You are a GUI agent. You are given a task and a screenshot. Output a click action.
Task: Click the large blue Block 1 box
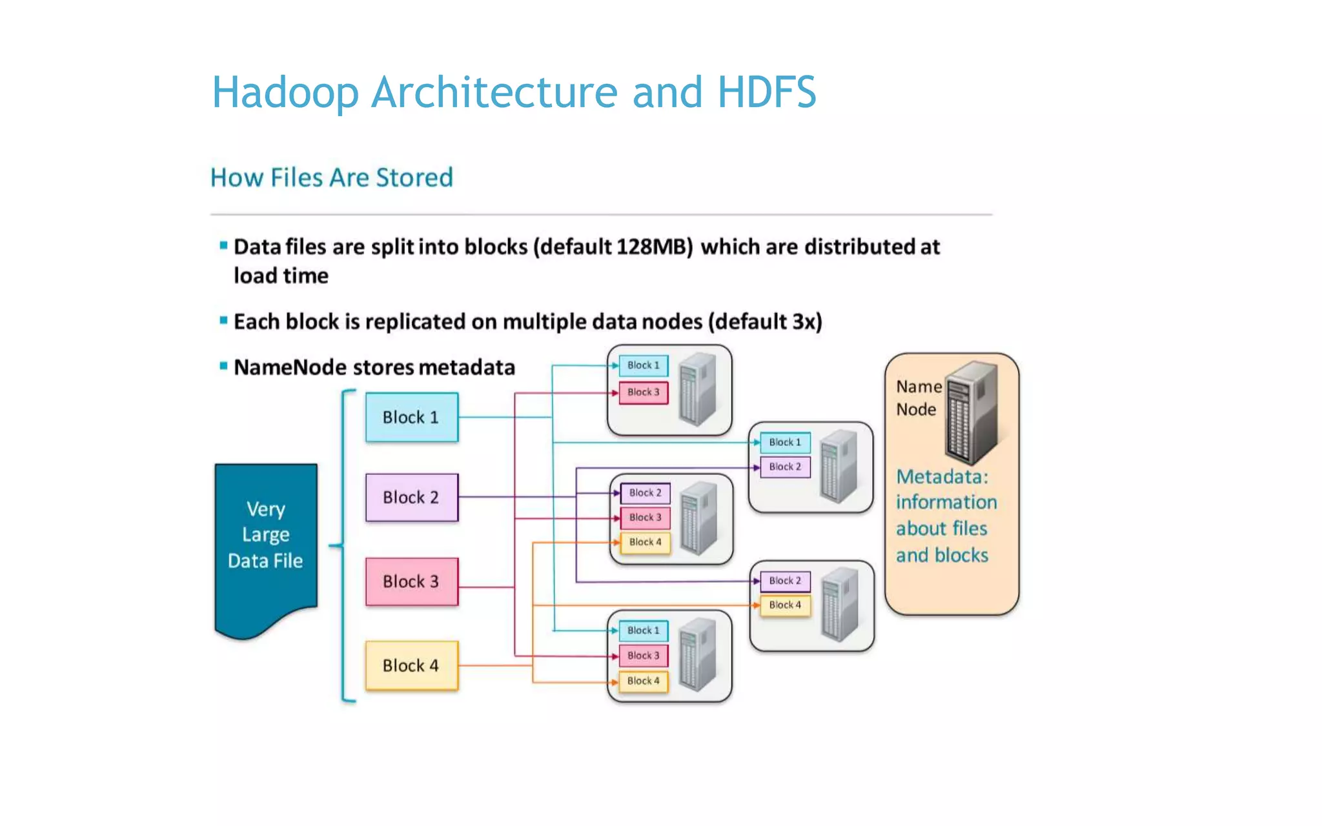click(x=412, y=418)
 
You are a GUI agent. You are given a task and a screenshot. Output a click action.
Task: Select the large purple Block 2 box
click(x=412, y=498)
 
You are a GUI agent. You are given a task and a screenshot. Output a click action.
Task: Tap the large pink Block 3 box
click(x=412, y=581)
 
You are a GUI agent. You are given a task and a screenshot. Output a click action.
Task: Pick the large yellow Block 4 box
click(x=412, y=666)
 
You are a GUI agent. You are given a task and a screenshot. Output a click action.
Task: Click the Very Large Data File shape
click(x=265, y=536)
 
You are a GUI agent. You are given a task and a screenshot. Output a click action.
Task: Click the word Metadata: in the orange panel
click(x=942, y=477)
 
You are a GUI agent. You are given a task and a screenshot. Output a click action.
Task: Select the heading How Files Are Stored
click(x=332, y=177)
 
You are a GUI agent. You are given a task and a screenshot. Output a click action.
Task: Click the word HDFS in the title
click(x=767, y=92)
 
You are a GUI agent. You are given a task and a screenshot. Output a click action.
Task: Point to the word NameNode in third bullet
click(x=290, y=367)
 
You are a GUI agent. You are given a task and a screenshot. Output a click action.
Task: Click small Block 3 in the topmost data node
click(x=644, y=392)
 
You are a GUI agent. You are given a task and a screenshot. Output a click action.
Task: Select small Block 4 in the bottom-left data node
click(x=644, y=681)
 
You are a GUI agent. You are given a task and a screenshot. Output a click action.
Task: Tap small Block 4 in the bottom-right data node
click(x=785, y=605)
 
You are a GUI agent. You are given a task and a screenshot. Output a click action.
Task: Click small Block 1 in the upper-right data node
click(x=785, y=443)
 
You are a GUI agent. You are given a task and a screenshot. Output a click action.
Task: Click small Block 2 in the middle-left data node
click(x=645, y=493)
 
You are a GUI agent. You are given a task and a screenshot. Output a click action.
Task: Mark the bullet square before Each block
click(x=223, y=320)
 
